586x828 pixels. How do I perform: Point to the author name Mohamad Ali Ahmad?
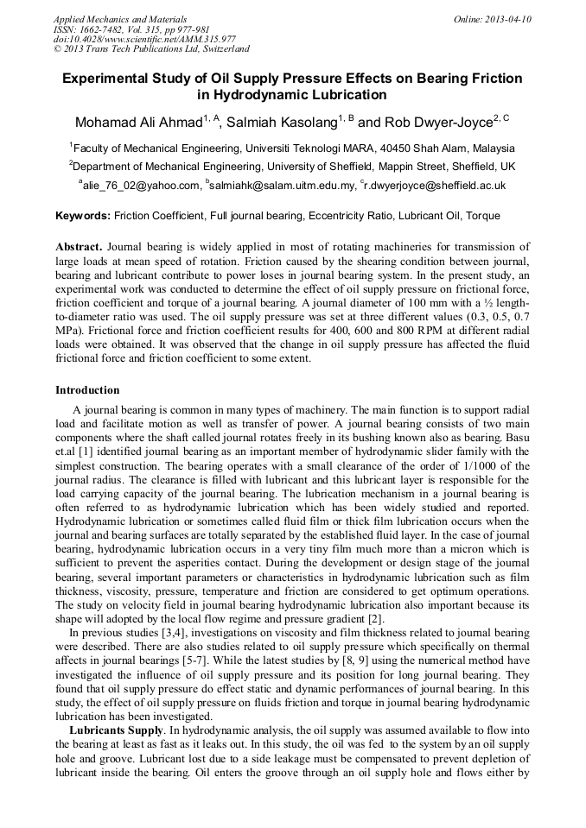[138, 122]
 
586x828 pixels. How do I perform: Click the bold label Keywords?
[83, 216]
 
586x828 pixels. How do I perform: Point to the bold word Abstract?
[79, 246]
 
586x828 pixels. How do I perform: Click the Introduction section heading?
[87, 390]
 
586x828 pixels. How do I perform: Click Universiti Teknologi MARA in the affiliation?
[316, 148]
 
